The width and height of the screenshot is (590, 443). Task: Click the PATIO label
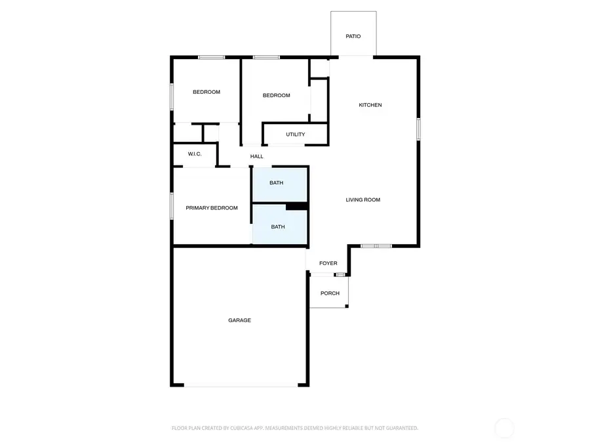tap(353, 36)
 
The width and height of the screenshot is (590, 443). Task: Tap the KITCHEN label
tap(370, 105)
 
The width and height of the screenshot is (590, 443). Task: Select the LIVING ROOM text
tap(363, 200)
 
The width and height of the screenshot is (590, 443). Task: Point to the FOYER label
tap(328, 263)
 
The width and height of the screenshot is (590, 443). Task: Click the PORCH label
tap(330, 293)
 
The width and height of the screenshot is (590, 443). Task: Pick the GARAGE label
tap(239, 320)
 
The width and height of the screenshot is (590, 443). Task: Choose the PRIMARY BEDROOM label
tap(212, 207)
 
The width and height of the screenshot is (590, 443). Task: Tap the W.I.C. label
tap(195, 154)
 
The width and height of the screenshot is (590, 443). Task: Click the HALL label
tap(256, 156)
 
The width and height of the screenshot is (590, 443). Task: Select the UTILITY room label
tap(296, 134)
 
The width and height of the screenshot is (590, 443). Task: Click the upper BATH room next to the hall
tap(279, 184)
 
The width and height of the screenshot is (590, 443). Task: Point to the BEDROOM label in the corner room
tap(206, 92)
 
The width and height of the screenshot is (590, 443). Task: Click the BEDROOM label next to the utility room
tap(276, 95)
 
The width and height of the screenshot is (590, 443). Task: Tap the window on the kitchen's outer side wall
tap(418, 129)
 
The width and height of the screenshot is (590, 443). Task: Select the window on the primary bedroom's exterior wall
tap(172, 206)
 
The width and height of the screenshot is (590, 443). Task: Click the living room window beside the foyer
tap(376, 246)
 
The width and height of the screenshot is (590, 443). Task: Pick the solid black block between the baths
tap(297, 207)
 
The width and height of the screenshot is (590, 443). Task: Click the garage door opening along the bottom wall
tap(241, 385)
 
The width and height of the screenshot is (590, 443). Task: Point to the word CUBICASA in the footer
tap(246, 428)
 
